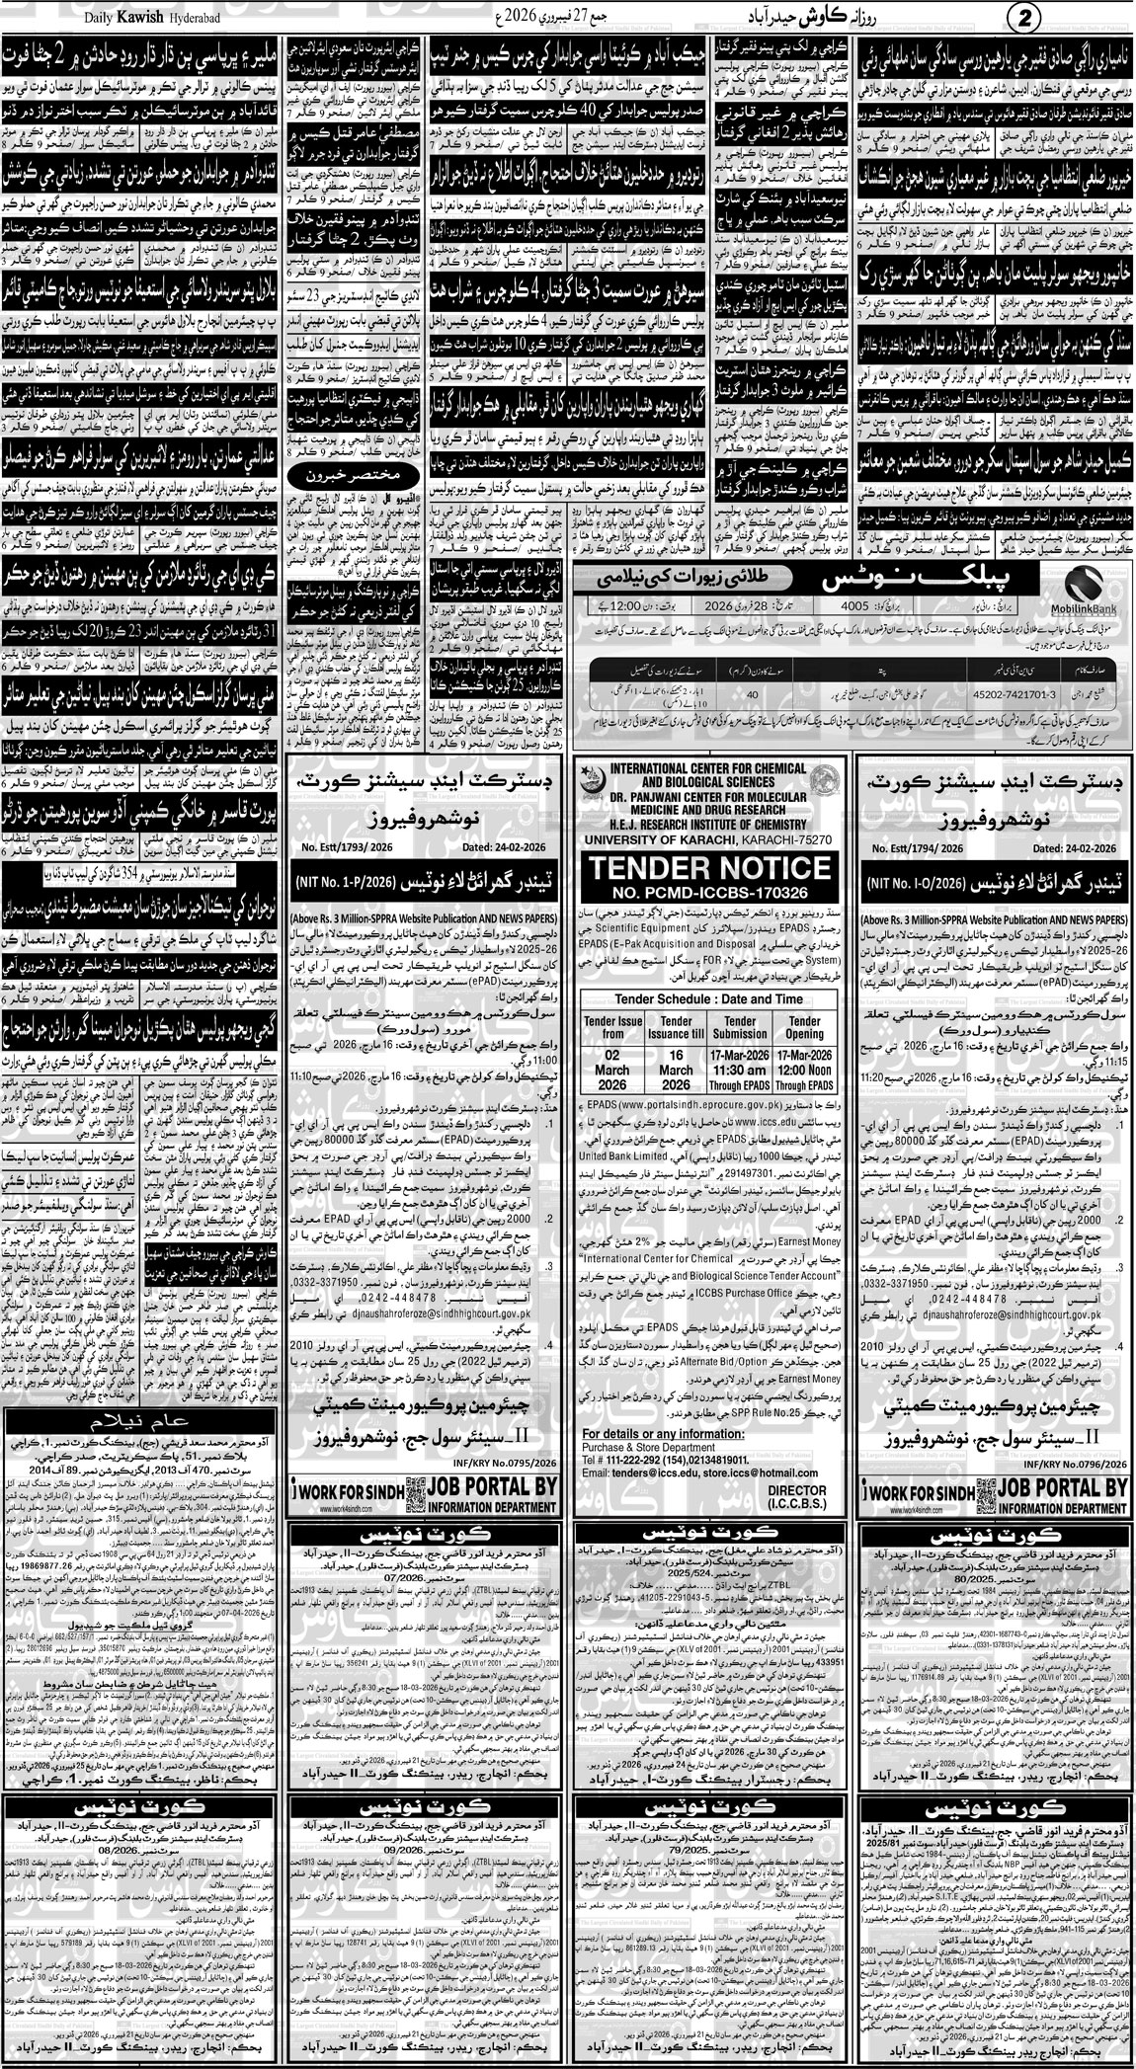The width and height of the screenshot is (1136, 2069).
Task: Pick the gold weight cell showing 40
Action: [752, 693]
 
